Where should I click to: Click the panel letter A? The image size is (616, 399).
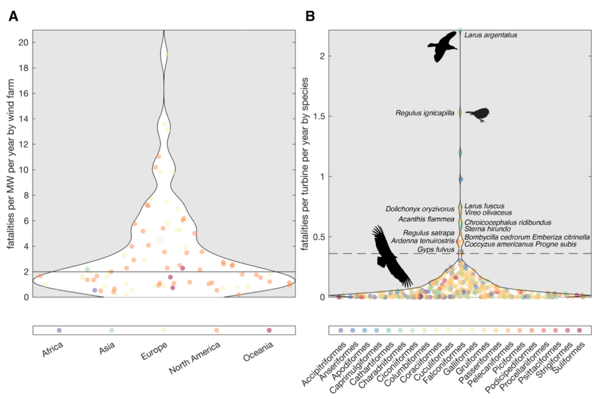tap(13, 16)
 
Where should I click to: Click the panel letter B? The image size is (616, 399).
tap(310, 16)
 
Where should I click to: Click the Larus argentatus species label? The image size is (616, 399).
tap(490, 36)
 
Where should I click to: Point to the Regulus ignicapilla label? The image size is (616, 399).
tap(425, 113)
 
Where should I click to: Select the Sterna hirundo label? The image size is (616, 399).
tap(487, 229)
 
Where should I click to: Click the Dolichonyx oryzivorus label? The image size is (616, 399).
tap(420, 209)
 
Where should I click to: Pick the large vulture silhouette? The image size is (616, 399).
tap(391, 256)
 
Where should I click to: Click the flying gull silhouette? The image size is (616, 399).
tap(443, 47)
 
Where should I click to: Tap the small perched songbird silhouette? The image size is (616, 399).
tap(478, 114)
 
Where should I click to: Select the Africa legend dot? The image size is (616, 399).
tap(59, 330)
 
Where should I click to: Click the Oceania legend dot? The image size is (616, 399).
tap(269, 330)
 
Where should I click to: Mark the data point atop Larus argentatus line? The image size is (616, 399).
tap(460, 30)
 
